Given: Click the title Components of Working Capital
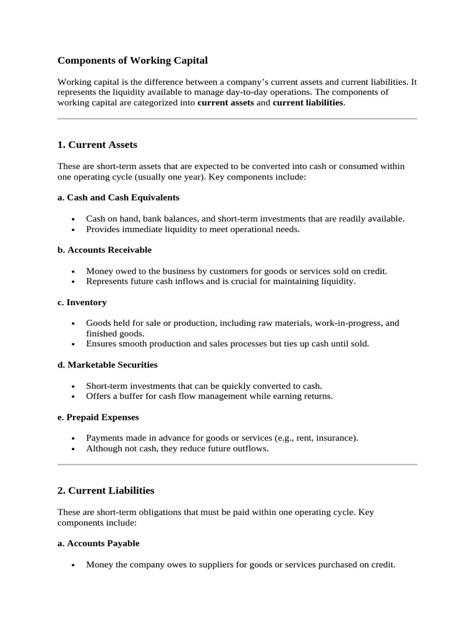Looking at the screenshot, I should click(132, 61).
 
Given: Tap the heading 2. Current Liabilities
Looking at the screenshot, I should click(106, 490).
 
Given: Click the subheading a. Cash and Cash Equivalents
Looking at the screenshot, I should click(118, 198).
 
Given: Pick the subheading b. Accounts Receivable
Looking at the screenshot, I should click(104, 250).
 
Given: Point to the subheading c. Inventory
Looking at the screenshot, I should click(82, 302).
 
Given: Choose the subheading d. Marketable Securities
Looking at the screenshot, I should click(107, 365).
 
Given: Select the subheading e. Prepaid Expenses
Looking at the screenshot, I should click(98, 417).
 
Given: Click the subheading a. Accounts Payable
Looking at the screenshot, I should click(98, 543).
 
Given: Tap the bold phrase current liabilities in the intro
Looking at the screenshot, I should click(307, 103).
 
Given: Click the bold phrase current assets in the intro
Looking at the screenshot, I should click(225, 103).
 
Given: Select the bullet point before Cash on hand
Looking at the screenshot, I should click(74, 219).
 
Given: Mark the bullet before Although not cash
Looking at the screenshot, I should click(74, 449).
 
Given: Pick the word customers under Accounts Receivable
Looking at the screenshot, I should click(216, 271).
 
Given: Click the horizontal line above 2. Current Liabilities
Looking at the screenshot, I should click(237, 464).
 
